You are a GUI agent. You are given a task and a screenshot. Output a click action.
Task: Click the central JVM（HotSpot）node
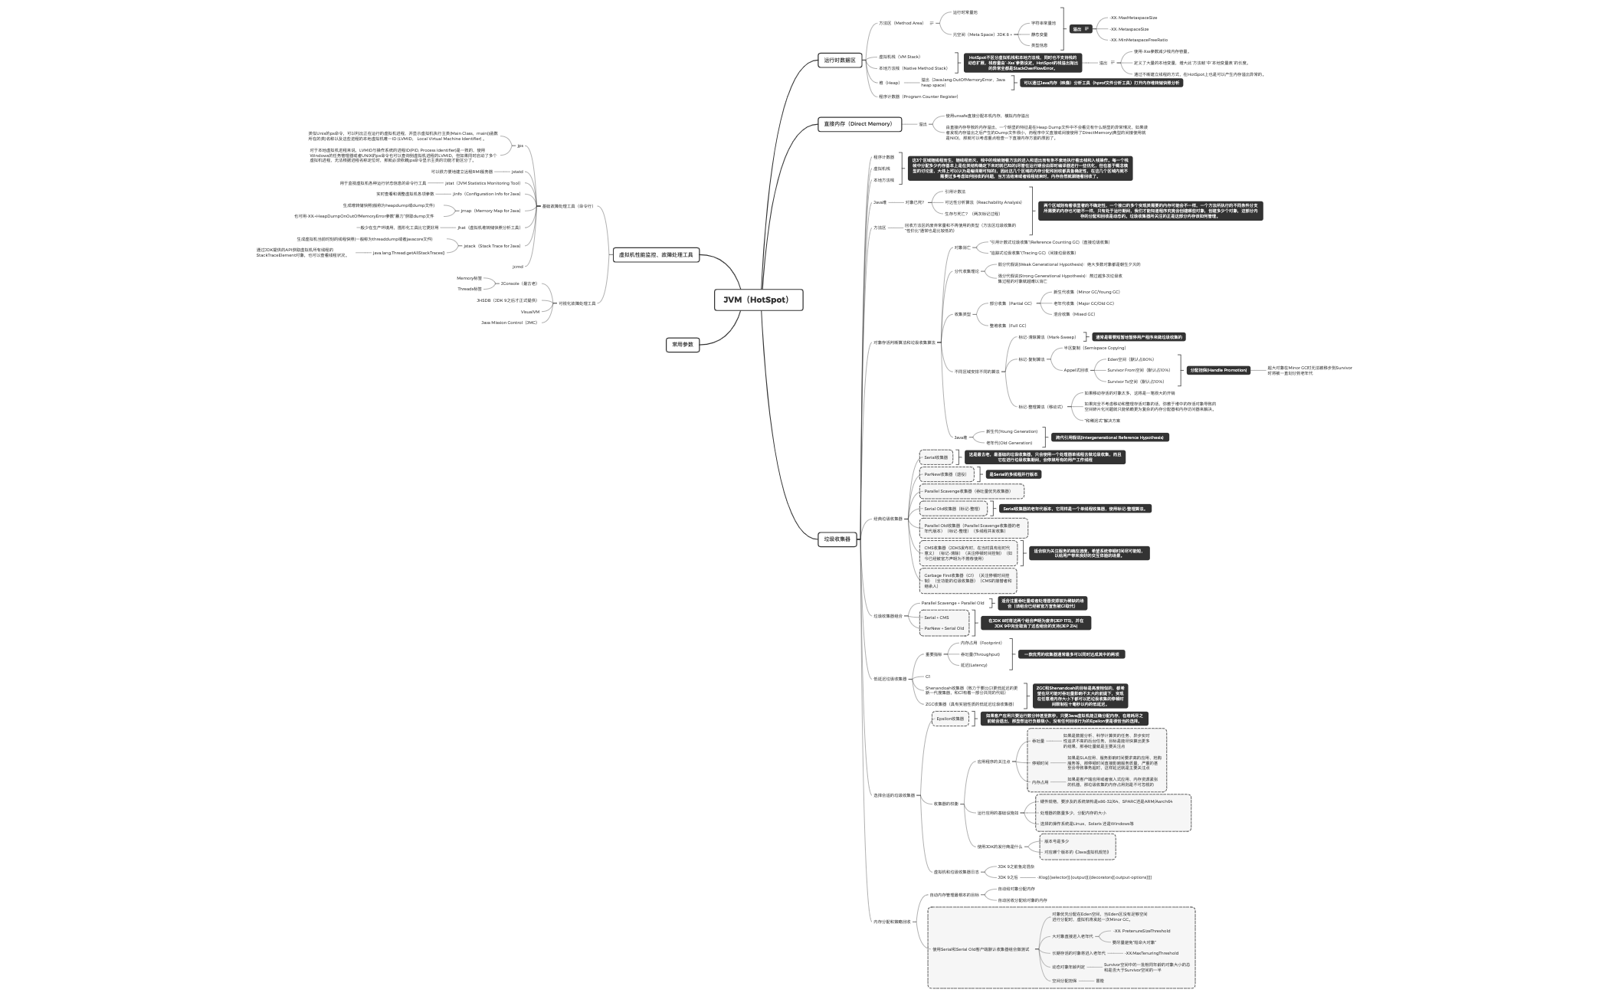pyautogui.click(x=757, y=300)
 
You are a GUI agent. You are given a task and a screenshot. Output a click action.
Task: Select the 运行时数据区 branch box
pyautogui.click(x=841, y=60)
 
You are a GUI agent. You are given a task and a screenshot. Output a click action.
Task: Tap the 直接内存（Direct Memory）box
pyautogui.click(x=857, y=124)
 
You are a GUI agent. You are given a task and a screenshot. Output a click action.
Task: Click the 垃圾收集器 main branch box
pyautogui.click(x=837, y=539)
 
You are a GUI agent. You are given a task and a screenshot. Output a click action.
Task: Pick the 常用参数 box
pyautogui.click(x=682, y=345)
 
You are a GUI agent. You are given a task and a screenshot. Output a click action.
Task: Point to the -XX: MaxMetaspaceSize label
pyautogui.click(x=1134, y=18)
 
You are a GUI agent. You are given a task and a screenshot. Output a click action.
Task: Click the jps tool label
pyautogui.click(x=520, y=146)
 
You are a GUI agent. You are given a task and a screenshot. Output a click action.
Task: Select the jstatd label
pyautogui.click(x=517, y=172)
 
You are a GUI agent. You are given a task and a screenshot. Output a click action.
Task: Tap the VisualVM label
pyautogui.click(x=530, y=312)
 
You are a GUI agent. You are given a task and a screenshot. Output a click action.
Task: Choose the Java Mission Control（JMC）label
pyautogui.click(x=509, y=323)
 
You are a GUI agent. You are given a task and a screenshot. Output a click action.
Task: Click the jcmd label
pyautogui.click(x=518, y=267)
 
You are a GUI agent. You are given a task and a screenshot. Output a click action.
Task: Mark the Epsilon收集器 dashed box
pyautogui.click(x=950, y=719)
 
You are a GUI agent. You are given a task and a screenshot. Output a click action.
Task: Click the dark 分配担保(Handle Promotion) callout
pyautogui.click(x=1217, y=370)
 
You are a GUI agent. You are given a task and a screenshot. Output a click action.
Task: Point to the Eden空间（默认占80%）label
pyautogui.click(x=1130, y=359)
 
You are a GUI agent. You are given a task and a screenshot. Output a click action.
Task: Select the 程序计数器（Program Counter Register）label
pyautogui.click(x=918, y=97)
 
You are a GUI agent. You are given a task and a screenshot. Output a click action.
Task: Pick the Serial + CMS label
pyautogui.click(x=936, y=618)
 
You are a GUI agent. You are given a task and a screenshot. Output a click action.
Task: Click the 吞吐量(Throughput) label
pyautogui.click(x=980, y=654)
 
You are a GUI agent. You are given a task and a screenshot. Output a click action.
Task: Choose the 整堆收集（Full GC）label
pyautogui.click(x=1008, y=326)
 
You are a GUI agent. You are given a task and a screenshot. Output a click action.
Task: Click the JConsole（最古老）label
pyautogui.click(x=519, y=283)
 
